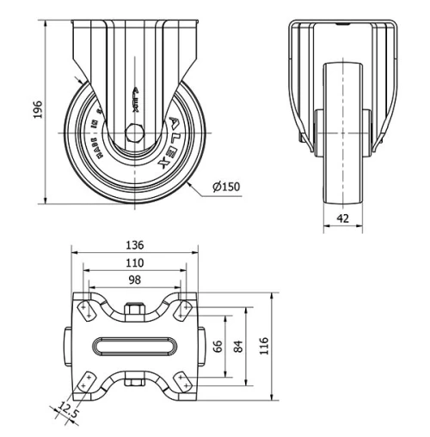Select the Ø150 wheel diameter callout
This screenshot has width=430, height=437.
coord(225,188)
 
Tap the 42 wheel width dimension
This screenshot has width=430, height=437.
coord(343,218)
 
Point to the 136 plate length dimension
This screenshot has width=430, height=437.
coord(134,245)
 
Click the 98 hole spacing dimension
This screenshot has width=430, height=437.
coord(134,281)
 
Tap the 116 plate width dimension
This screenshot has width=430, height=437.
coord(266,346)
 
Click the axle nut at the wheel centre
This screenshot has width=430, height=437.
coord(134,133)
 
